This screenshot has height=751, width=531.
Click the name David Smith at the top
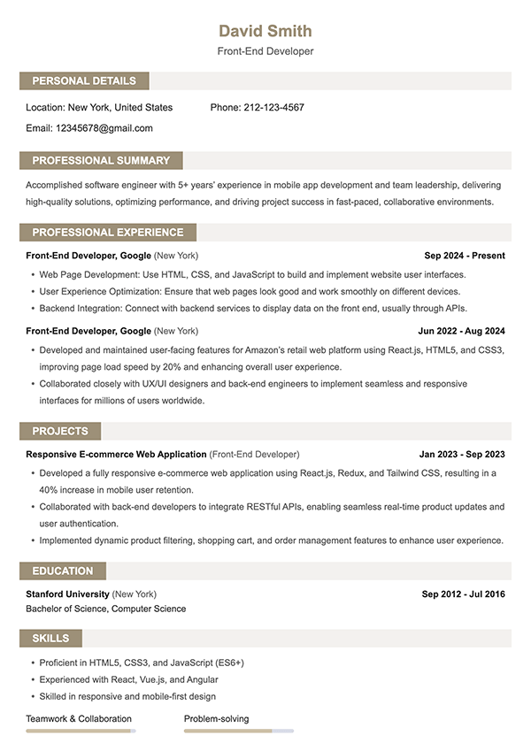pyautogui.click(x=265, y=32)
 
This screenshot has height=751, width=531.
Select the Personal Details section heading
pyautogui.click(x=84, y=81)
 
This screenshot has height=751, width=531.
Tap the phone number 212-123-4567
pyautogui.click(x=273, y=108)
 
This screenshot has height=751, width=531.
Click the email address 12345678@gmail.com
pyautogui.click(x=104, y=128)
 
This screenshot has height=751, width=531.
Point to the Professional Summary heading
pyautogui.click(x=101, y=161)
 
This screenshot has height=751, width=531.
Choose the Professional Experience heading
pyautogui.click(x=108, y=233)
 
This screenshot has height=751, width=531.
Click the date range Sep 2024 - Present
pyautogui.click(x=464, y=256)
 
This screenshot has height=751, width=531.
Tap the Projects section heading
pyautogui.click(x=60, y=432)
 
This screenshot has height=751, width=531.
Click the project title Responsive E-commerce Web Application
pyautogui.click(x=116, y=455)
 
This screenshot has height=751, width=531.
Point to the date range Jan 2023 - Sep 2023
pyautogui.click(x=461, y=455)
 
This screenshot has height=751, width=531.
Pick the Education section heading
pyautogui.click(x=62, y=571)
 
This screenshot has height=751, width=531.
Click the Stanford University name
pyautogui.click(x=68, y=594)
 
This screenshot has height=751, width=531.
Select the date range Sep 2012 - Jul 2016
pyautogui.click(x=463, y=594)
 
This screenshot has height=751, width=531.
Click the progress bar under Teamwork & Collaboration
pyautogui.click(x=80, y=732)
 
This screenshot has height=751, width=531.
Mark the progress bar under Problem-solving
pyautogui.click(x=238, y=732)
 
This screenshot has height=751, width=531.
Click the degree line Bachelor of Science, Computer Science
pyautogui.click(x=106, y=609)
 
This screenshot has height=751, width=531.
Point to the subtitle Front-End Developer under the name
pyautogui.click(x=265, y=51)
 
